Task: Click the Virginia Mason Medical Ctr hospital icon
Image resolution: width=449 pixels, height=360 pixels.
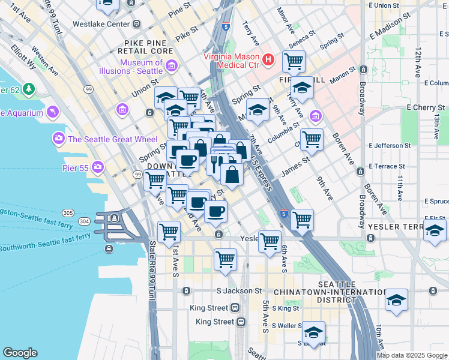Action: click(x=268, y=60)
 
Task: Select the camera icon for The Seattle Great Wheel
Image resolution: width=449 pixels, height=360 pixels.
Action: click(x=59, y=139)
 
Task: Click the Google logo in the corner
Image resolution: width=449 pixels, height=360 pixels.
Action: click(x=20, y=353)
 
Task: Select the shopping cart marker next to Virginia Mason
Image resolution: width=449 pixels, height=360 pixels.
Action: click(x=294, y=61)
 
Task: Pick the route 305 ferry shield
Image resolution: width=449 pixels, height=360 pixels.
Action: click(x=68, y=212)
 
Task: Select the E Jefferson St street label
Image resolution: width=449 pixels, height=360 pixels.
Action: click(x=391, y=145)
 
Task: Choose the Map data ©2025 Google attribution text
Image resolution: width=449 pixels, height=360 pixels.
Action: click(x=412, y=355)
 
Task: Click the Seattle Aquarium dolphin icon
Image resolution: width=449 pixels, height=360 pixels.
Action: click(x=54, y=112)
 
